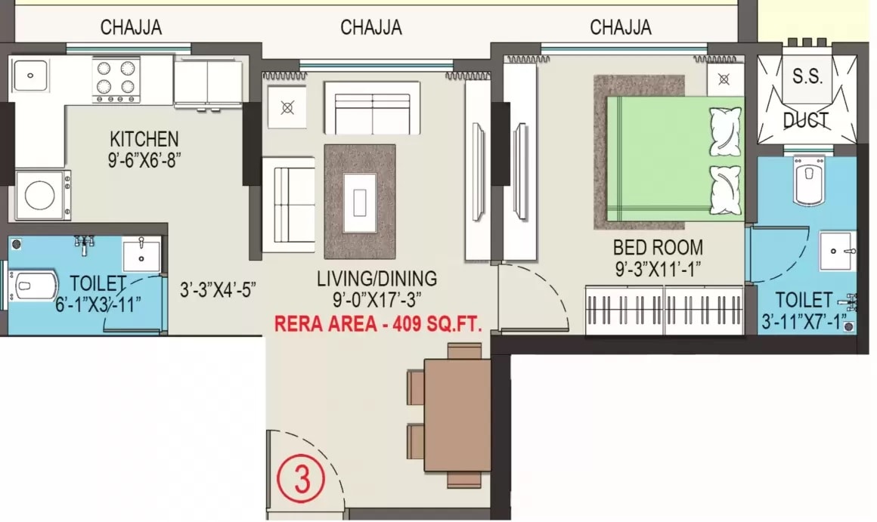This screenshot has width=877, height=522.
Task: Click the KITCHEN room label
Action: click(144, 140)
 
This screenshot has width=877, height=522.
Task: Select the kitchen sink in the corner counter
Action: click(30, 75)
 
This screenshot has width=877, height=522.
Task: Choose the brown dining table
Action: click(457, 414)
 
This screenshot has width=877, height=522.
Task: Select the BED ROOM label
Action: click(658, 247)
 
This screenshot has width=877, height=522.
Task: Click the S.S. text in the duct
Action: click(807, 76)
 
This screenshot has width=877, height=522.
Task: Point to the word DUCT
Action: click(805, 120)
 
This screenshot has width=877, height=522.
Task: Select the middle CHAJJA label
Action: click(371, 29)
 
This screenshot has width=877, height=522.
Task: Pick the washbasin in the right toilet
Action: click(838, 250)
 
